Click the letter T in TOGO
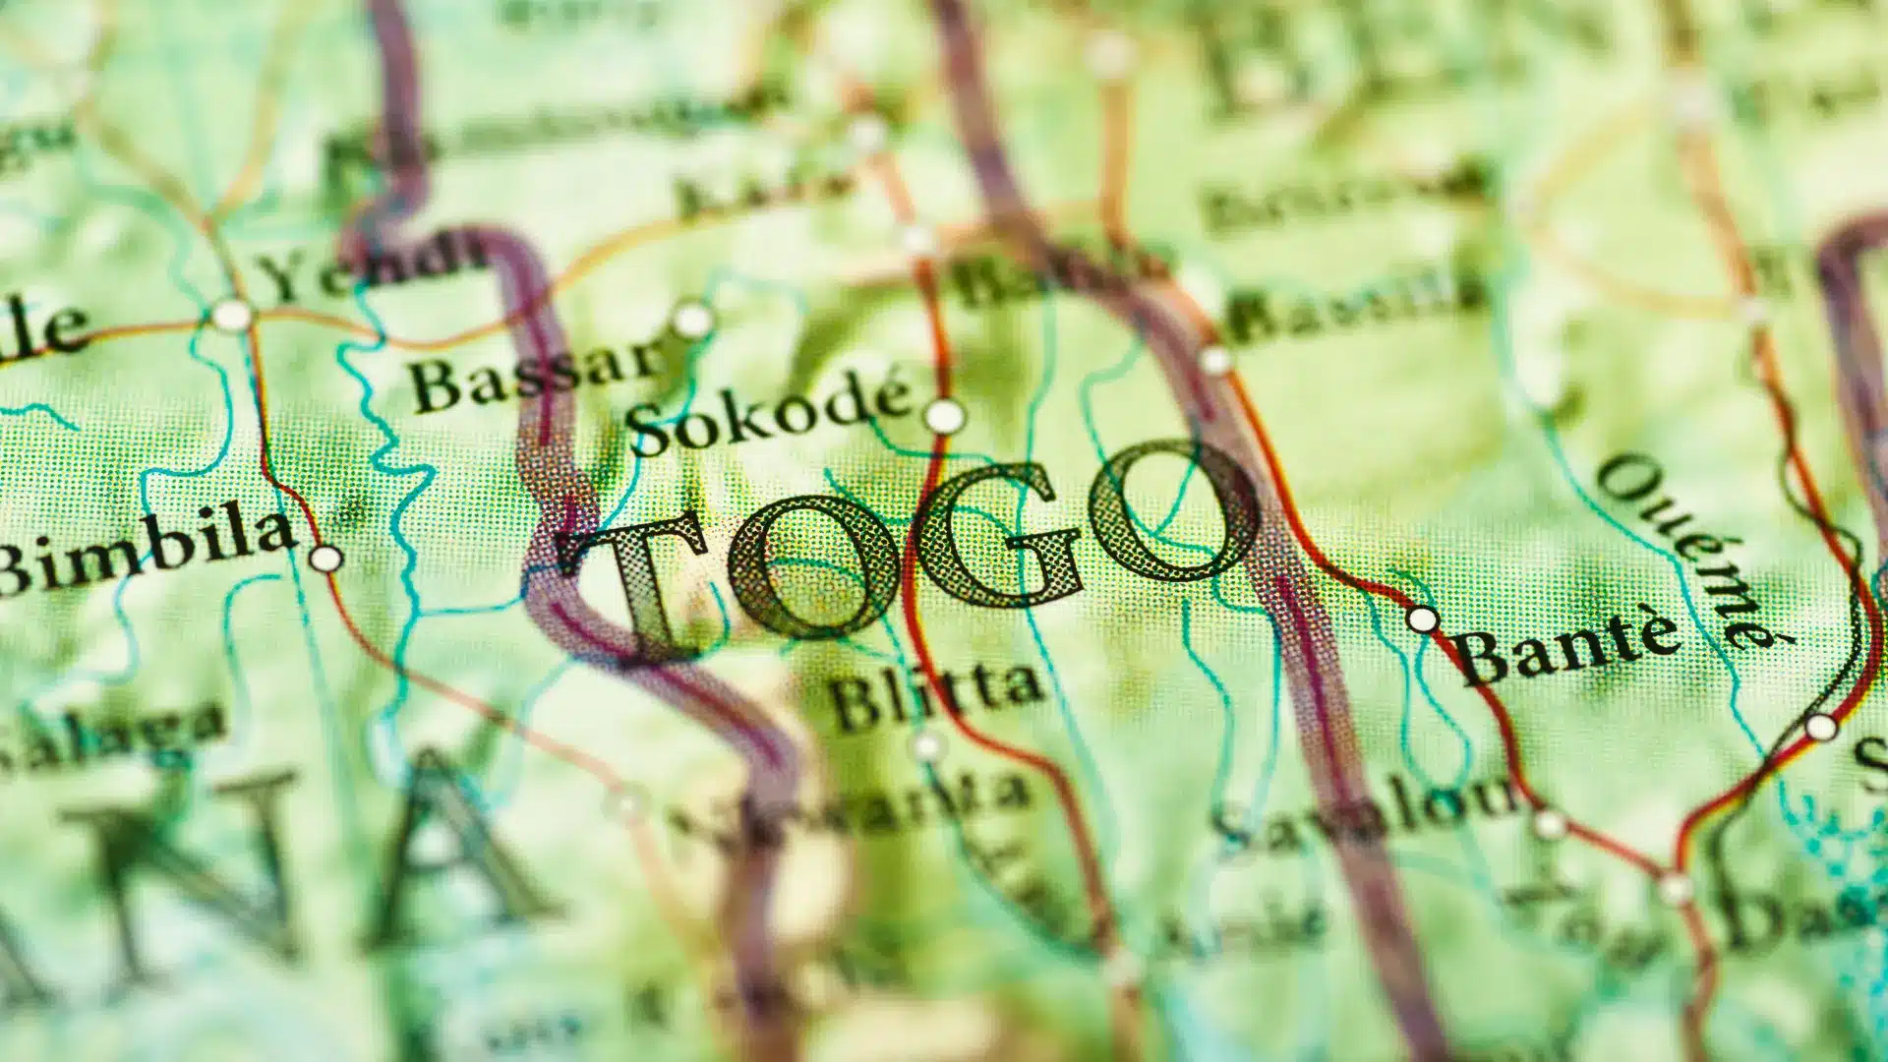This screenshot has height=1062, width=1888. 644,580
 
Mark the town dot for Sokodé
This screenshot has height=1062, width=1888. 945,416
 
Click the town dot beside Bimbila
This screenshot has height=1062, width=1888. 325,559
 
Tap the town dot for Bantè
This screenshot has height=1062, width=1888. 1422,619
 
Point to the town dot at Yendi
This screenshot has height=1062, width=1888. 232,315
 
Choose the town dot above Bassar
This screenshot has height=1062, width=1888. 692,320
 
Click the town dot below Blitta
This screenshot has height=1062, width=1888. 927,746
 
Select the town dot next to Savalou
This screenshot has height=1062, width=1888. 1550,824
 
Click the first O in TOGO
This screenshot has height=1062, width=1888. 811,565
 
